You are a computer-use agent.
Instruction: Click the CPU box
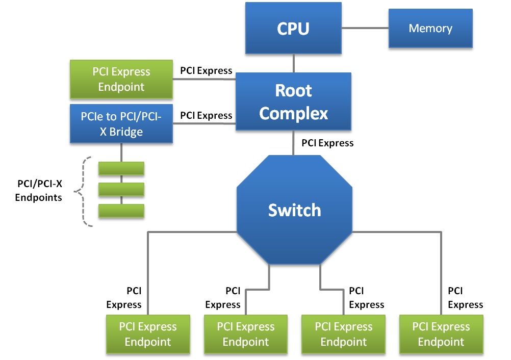(293, 28)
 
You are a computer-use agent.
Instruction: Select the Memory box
(430, 29)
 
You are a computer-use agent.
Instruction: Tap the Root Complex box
(293, 101)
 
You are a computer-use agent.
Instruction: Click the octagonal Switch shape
(294, 210)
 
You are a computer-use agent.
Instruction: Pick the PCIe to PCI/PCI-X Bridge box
(121, 124)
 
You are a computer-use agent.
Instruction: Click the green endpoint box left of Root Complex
(121, 79)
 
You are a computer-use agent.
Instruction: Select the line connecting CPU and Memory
(365, 29)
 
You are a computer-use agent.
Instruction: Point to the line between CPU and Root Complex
(294, 63)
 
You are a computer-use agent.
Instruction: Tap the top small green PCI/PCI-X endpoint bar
(121, 168)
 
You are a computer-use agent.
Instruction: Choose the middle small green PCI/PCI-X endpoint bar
(121, 189)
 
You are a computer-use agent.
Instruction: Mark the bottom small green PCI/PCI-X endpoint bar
(121, 211)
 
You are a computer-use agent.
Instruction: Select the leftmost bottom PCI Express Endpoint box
(148, 334)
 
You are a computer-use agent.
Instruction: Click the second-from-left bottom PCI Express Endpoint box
(246, 334)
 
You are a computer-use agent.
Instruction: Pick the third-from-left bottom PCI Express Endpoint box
(344, 334)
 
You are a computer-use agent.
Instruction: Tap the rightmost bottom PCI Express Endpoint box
(441, 334)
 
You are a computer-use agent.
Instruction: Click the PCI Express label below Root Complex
(327, 143)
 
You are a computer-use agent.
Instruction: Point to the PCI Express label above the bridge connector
(206, 116)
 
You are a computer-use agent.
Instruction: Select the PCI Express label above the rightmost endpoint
(465, 298)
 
